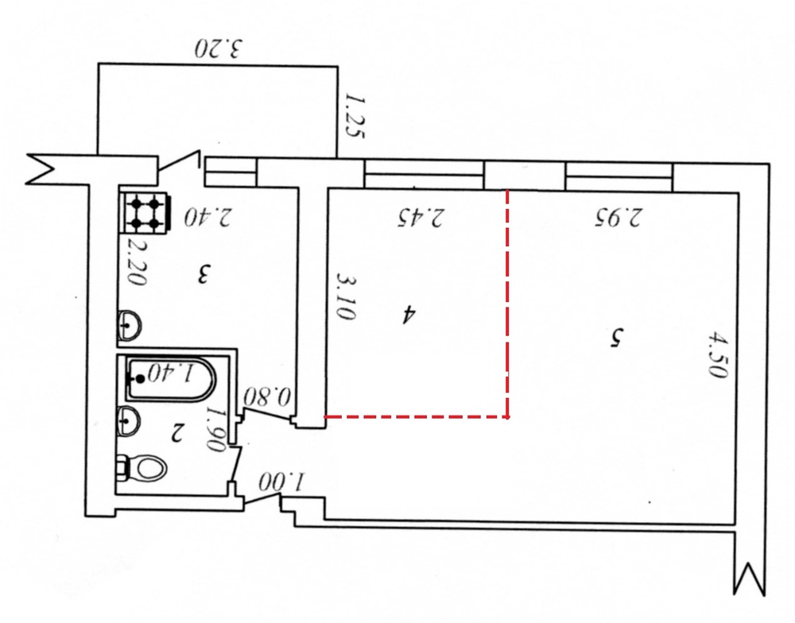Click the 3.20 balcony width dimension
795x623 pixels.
click(219, 48)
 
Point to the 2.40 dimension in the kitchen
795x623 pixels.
click(207, 216)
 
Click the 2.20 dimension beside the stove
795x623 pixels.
click(137, 261)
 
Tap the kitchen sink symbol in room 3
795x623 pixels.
click(129, 325)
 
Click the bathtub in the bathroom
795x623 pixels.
click(170, 380)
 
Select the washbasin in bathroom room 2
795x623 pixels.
click(129, 420)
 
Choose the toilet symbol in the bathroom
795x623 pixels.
click(142, 468)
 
